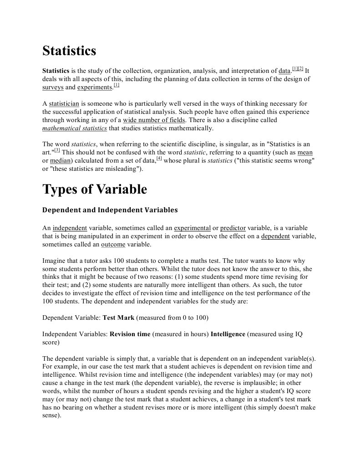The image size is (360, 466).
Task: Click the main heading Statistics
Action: (69, 51)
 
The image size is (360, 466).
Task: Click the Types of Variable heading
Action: (95, 189)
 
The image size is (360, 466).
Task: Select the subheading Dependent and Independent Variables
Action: (110, 210)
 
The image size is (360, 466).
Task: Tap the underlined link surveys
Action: (53, 87)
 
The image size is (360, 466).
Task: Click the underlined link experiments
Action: (95, 87)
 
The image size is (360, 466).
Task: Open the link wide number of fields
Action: (154, 120)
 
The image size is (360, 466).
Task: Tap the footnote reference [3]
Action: (57, 150)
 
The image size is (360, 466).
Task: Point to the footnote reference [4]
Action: (159, 159)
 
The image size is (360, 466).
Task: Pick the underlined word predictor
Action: (233, 228)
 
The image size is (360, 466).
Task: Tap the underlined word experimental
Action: (192, 228)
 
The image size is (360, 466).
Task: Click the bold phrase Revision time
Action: (130, 334)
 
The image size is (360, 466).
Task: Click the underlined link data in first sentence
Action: (284, 71)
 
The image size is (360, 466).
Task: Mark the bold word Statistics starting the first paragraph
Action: (56, 71)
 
